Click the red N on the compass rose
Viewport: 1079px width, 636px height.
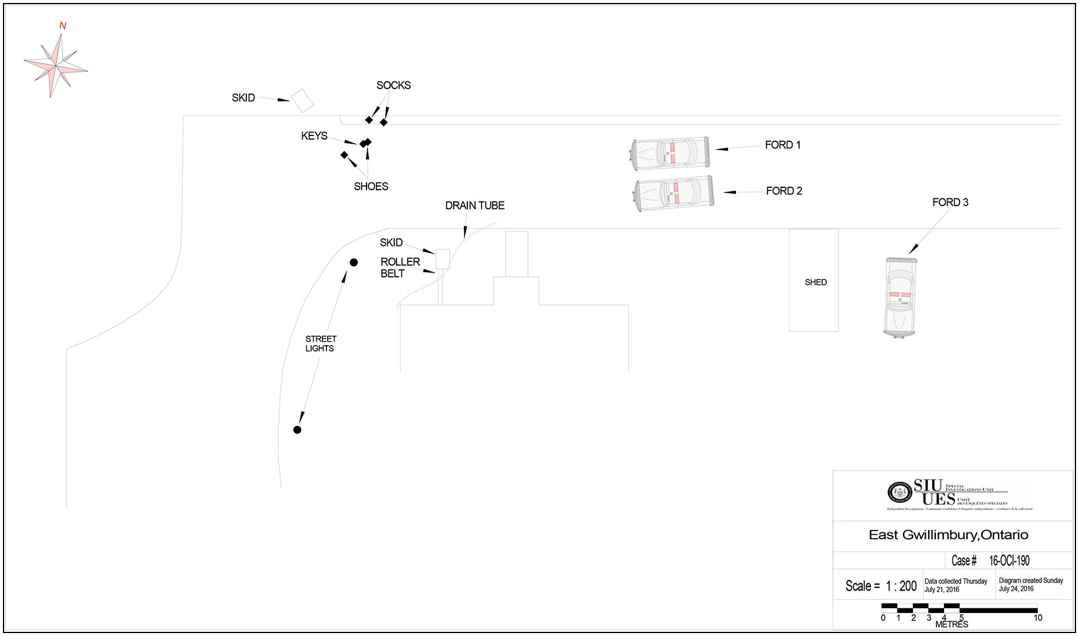pos(62,26)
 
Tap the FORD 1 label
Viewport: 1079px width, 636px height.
pos(782,145)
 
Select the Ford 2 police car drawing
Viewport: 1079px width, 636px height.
pos(674,193)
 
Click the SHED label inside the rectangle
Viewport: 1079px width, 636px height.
pos(816,283)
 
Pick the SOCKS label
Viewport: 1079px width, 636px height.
pos(393,85)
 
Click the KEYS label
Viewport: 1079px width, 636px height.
pos(314,136)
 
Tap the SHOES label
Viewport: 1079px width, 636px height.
pos(371,187)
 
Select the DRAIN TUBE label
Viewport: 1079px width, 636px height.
pos(474,206)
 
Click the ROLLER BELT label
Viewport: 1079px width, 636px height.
pos(400,267)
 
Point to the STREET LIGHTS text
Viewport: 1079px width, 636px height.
pos(321,343)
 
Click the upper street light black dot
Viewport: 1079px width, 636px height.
pos(354,263)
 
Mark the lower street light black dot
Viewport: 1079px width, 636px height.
pos(297,430)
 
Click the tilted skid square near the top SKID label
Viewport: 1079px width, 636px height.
pos(302,101)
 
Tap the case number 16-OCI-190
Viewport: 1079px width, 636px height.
pos(1009,561)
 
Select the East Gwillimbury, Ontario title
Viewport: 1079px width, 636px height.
pos(948,535)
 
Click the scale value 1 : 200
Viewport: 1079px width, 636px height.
pos(901,586)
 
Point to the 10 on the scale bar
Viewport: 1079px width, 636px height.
pos(1037,618)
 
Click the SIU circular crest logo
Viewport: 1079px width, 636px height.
pos(899,492)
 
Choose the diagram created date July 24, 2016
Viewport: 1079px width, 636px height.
pos(1016,589)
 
